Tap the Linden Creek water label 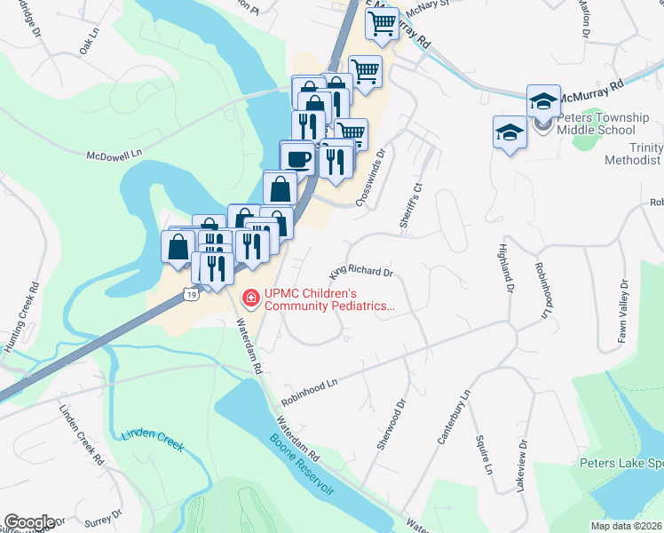(x=149, y=441)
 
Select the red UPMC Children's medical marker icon (x=251, y=298)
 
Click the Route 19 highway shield (x=191, y=293)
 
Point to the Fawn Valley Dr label (x=624, y=307)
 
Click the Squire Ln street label (x=484, y=454)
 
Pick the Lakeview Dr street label (x=522, y=465)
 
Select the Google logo (x=28, y=522)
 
